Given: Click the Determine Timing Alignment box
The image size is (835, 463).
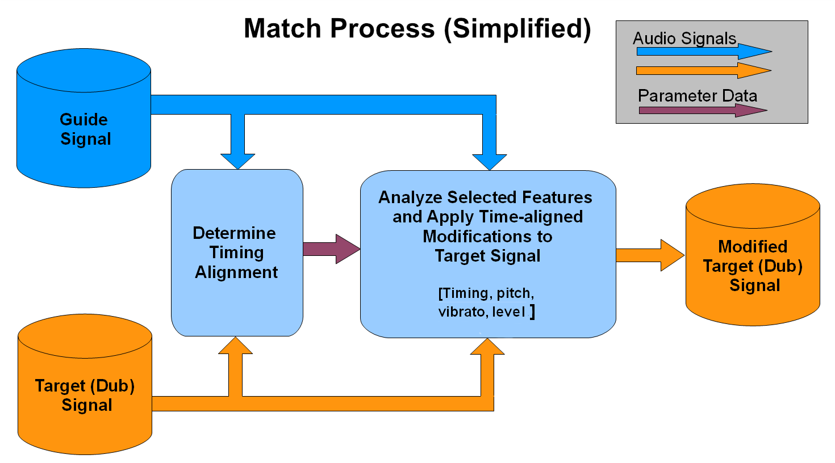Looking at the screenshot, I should tap(237, 252).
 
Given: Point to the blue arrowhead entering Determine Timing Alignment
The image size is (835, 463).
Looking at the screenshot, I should tap(237, 160).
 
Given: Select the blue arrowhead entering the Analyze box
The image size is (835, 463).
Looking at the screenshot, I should tap(489, 161).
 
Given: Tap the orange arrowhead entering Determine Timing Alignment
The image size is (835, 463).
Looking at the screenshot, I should tap(235, 346).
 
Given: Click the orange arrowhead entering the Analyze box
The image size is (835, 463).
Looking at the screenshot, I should tap(487, 347).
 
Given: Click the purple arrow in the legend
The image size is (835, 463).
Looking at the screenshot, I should tap(703, 110).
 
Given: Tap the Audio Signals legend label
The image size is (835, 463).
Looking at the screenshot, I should tap(684, 39).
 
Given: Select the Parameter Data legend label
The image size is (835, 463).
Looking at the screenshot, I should tap(698, 95).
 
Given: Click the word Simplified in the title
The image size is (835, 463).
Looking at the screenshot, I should tap(517, 28).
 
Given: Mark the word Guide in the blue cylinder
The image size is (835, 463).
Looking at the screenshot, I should tap(83, 119).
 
